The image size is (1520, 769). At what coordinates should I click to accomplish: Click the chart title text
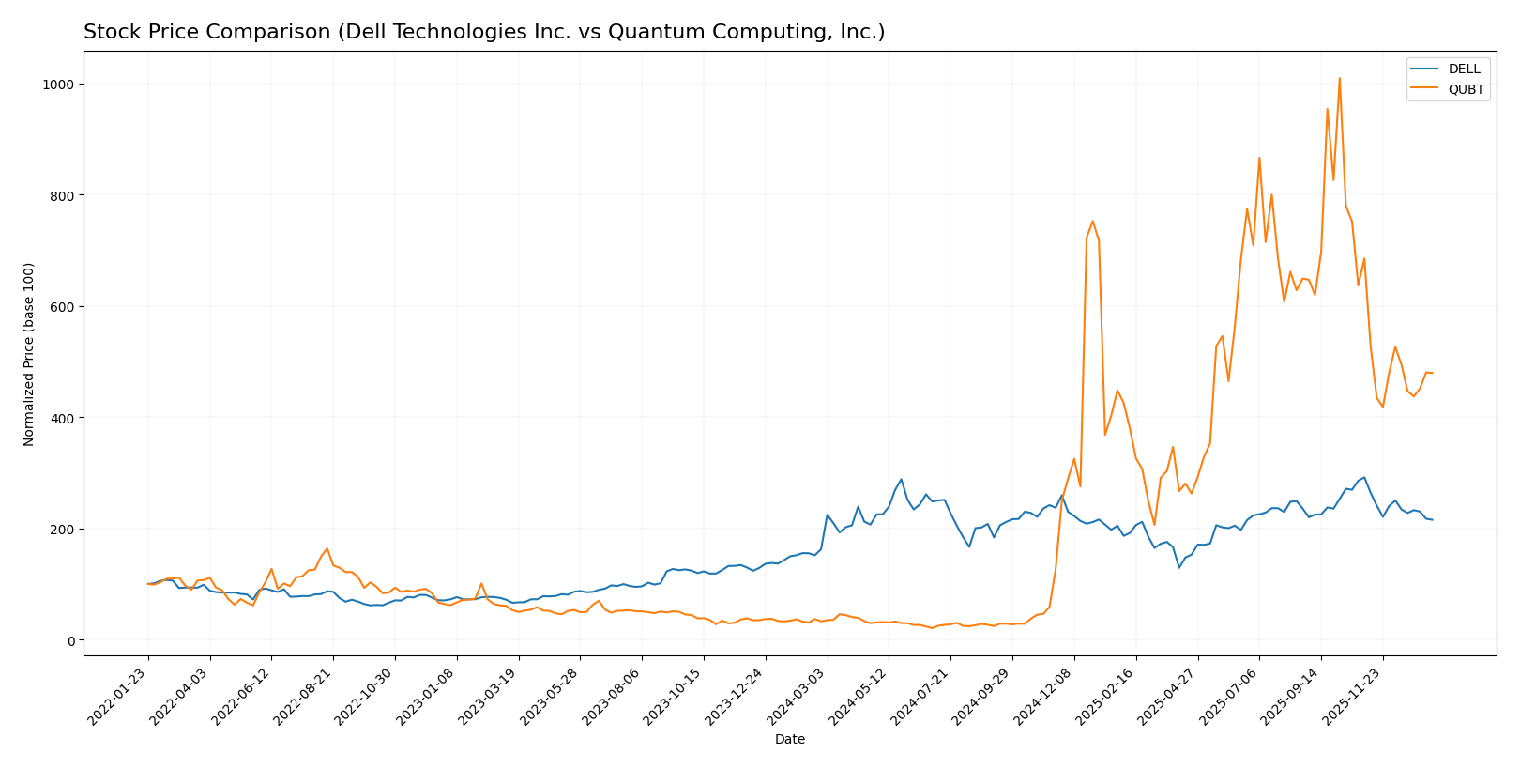tap(484, 33)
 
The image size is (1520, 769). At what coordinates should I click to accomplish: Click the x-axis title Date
tap(789, 740)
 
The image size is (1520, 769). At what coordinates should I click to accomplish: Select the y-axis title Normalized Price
tap(29, 354)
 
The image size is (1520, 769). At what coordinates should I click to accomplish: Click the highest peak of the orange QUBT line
tap(1339, 79)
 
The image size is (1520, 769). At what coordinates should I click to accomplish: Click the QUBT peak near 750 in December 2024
tap(1092, 222)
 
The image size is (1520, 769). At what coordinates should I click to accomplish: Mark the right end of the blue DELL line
tap(1432, 520)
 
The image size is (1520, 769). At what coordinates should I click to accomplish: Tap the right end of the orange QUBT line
tap(1432, 373)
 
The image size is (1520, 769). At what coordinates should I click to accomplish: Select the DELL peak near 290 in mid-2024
tap(901, 479)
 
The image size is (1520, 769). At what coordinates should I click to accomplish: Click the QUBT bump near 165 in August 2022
tap(327, 548)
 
